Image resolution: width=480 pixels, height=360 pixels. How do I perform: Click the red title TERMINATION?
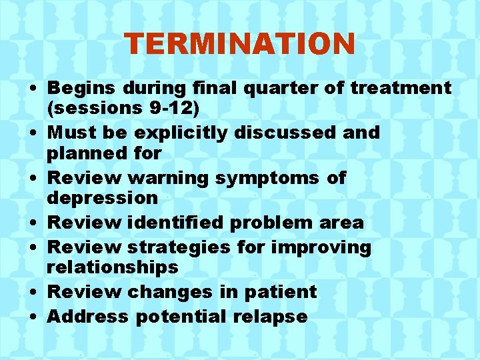pyautogui.click(x=240, y=44)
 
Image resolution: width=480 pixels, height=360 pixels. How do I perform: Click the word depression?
pyautogui.click(x=102, y=197)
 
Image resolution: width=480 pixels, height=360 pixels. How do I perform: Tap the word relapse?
pyautogui.click(x=271, y=317)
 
